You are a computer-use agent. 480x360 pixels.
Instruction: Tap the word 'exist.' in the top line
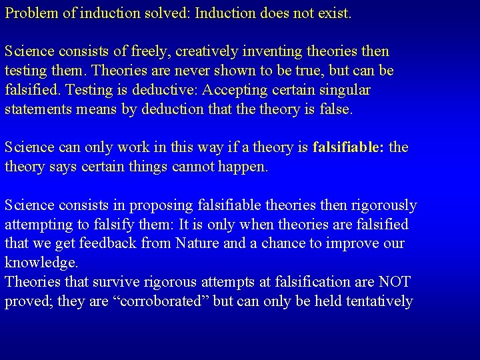coord(333,13)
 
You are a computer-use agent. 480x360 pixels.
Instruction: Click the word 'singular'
coord(345,90)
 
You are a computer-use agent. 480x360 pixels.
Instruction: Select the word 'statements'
coord(33,109)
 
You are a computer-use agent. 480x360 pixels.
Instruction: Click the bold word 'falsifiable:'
coord(348,147)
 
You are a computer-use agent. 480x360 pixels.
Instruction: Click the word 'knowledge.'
coord(41,263)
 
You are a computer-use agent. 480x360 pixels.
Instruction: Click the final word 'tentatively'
coord(376,301)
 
